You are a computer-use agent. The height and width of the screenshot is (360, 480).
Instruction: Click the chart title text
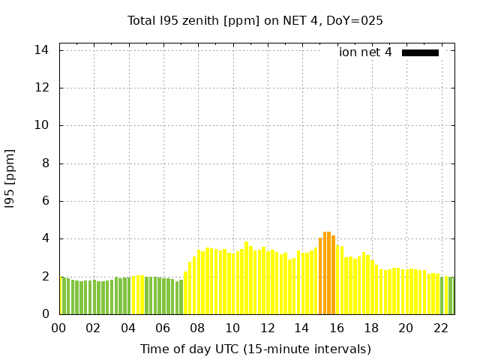coord(255,21)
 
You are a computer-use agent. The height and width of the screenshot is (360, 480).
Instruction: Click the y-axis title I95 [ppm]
coord(10,178)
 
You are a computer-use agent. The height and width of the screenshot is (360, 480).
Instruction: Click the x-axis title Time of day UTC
coord(255,349)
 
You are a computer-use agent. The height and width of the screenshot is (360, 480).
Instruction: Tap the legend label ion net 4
coord(365,52)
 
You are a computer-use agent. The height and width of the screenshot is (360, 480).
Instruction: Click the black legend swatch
coord(420,52)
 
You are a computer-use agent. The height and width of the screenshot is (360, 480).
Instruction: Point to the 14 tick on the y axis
coord(42,50)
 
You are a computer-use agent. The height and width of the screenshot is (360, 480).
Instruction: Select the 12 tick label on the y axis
coord(42,88)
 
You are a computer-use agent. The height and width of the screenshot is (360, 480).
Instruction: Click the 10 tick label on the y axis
coord(42,126)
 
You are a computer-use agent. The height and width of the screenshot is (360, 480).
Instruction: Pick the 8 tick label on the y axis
coord(45,163)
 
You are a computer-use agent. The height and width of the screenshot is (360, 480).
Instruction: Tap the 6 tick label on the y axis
coord(45,201)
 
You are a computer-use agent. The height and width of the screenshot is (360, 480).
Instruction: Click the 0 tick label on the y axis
coord(45,314)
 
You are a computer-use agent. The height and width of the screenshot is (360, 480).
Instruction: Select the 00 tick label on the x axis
coord(58,328)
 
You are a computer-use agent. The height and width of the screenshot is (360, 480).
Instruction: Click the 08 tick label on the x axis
coord(197,328)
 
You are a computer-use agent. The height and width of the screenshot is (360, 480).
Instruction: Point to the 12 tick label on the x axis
coord(267,328)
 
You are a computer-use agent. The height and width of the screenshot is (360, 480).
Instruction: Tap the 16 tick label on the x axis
coord(337,328)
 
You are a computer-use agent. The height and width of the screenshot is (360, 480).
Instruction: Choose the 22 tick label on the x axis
coord(441,328)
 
